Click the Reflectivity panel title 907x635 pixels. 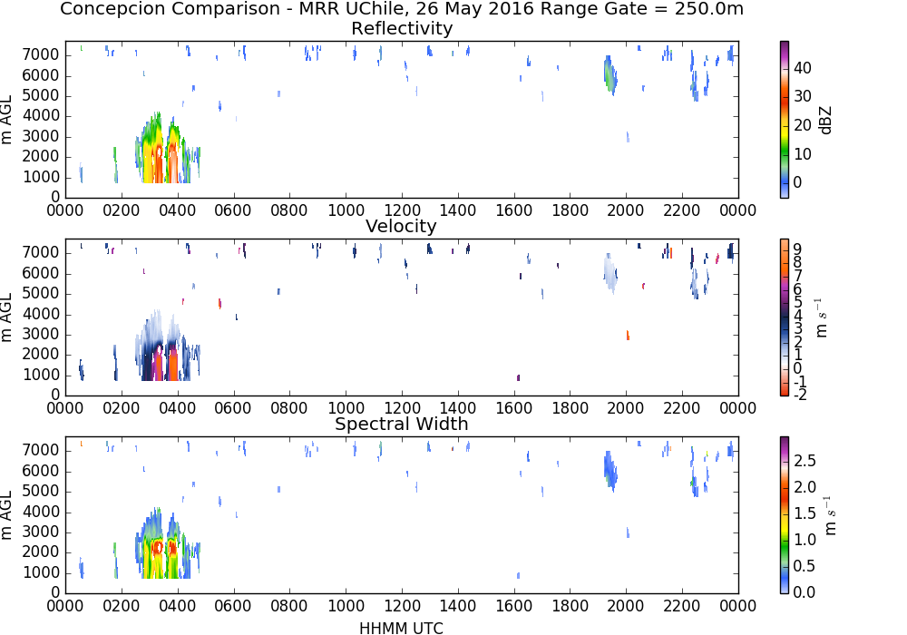(x=402, y=28)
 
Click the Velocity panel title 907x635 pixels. (x=401, y=226)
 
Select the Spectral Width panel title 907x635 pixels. (x=402, y=424)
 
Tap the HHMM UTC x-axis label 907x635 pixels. (x=401, y=628)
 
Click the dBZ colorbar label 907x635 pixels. (x=825, y=120)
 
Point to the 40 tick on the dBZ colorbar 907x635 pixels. (x=803, y=68)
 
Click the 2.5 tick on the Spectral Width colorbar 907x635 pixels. (x=805, y=460)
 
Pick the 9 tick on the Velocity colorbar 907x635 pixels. (x=797, y=249)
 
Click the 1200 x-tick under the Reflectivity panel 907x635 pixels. (x=402, y=210)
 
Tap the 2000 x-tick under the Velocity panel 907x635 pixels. (x=626, y=407)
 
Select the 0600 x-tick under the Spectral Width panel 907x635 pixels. (x=234, y=605)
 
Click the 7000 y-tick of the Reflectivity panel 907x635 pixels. (x=41, y=55)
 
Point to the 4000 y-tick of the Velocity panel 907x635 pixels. (x=41, y=314)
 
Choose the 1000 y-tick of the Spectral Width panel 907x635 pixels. (x=41, y=572)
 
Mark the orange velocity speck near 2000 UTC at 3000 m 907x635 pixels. (x=628, y=335)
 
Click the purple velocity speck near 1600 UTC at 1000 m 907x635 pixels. (x=518, y=377)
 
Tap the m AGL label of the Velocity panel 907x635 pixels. (x=6, y=317)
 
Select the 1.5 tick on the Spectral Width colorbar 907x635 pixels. (x=805, y=513)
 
